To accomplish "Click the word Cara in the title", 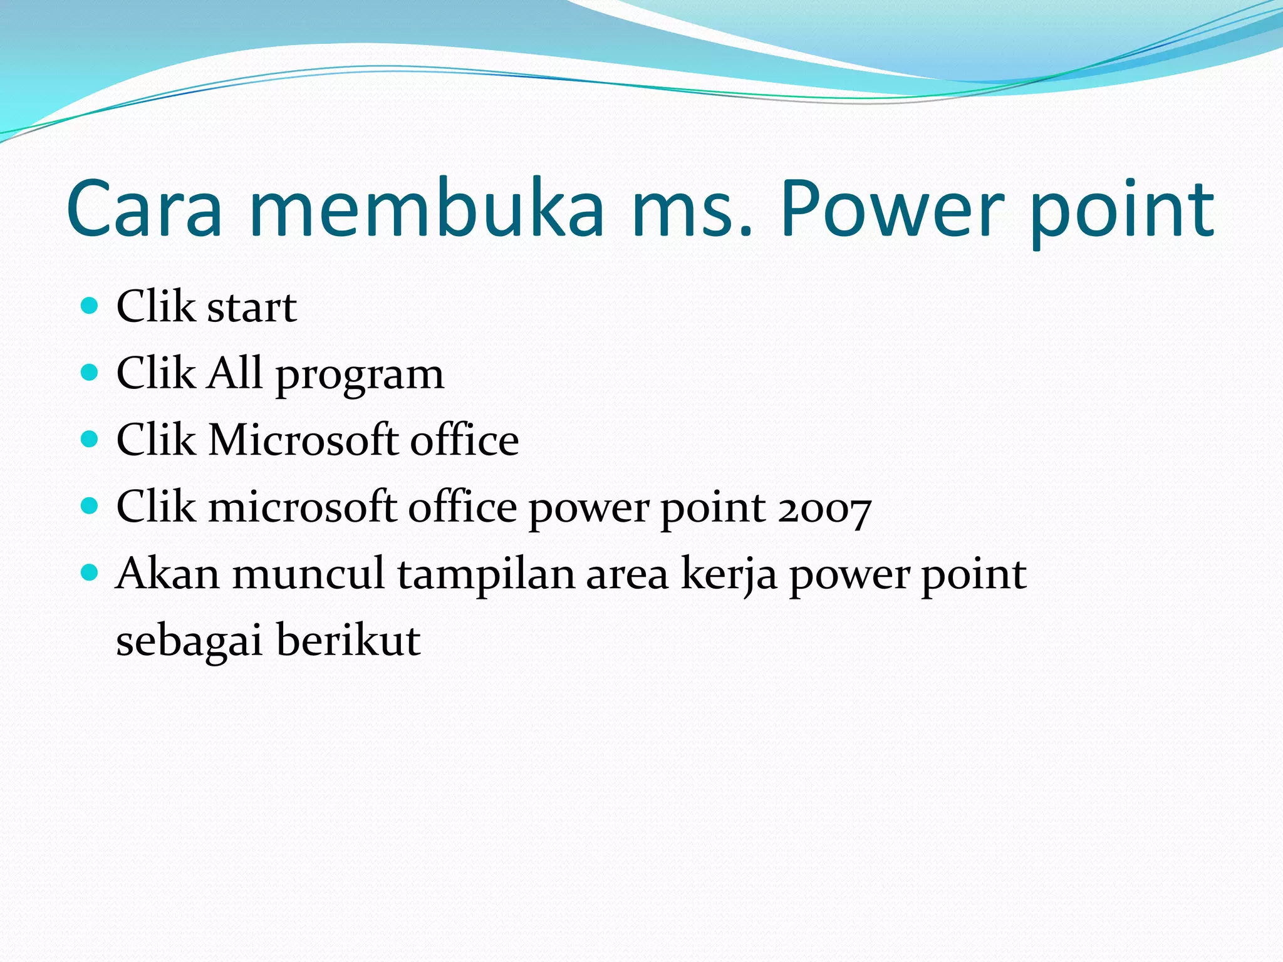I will [x=144, y=210].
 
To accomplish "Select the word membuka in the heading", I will [x=426, y=210].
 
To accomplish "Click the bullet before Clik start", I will [x=90, y=306].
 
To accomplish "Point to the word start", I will [x=251, y=308].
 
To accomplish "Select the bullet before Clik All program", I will [x=90, y=373].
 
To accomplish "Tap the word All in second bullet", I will [x=234, y=373].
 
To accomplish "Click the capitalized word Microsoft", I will [x=303, y=440].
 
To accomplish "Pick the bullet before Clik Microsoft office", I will [x=90, y=439].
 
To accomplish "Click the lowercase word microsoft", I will [x=303, y=507].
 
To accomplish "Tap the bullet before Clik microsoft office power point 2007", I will [x=90, y=506].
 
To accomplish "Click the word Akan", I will [x=168, y=574].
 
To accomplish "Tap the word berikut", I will [x=348, y=640].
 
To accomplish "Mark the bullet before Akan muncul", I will [x=90, y=572].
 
